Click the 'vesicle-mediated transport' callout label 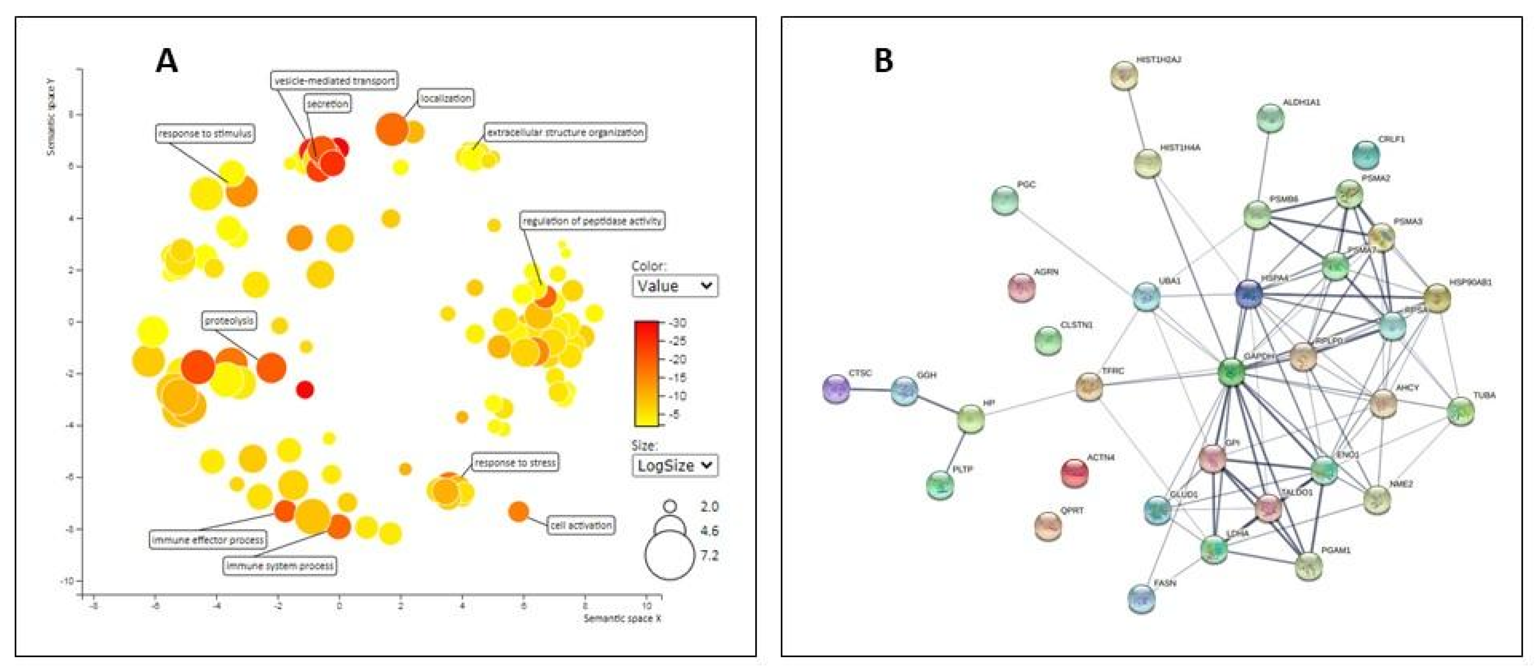click(x=334, y=80)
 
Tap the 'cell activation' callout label click(x=581, y=525)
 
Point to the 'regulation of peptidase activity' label click(x=592, y=221)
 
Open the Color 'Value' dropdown click(x=674, y=286)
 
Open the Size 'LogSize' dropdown click(x=674, y=465)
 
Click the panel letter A click(x=166, y=61)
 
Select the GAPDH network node click(x=1231, y=372)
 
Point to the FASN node click(x=1142, y=599)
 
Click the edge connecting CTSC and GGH click(x=870, y=390)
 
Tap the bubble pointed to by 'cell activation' click(x=519, y=511)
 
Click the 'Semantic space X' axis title click(x=622, y=618)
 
